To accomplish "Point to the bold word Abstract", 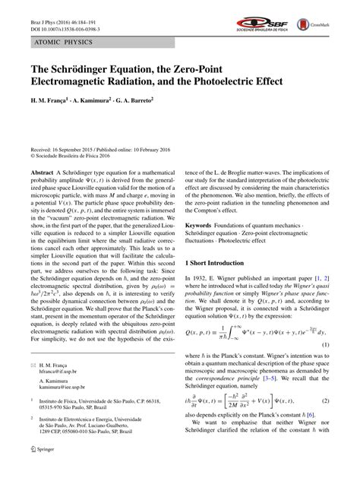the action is pyautogui.click(x=42, y=173).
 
